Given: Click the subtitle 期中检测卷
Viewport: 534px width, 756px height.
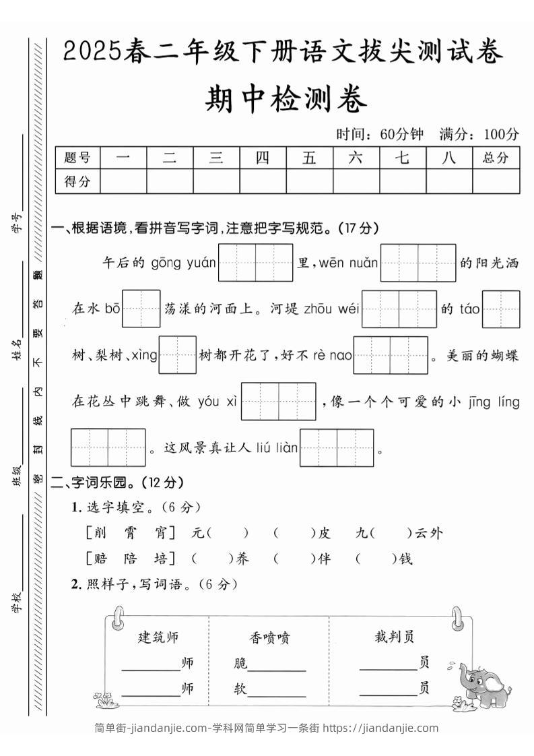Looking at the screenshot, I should click(x=286, y=101).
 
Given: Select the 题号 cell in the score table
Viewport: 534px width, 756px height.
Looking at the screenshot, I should click(x=77, y=158).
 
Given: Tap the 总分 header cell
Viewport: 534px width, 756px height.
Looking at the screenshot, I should click(x=496, y=158).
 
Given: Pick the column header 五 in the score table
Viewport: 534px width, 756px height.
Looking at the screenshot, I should click(x=309, y=158).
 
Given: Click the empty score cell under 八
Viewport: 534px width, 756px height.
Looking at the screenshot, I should click(x=449, y=181).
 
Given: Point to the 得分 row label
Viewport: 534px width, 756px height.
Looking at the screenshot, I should click(x=77, y=181).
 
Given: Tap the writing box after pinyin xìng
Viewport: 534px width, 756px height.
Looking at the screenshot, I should click(x=178, y=354).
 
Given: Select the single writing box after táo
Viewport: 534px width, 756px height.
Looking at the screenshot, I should click(x=501, y=309).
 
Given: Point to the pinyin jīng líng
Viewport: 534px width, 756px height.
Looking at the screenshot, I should click(x=496, y=402).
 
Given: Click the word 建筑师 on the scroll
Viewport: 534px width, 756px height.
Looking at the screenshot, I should click(x=158, y=637).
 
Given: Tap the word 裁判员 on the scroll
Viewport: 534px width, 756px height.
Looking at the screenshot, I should click(x=395, y=637).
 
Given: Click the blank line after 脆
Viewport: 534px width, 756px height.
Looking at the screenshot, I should click(x=277, y=666).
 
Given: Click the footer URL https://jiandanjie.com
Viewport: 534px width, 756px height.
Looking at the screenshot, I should click(x=380, y=728).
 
